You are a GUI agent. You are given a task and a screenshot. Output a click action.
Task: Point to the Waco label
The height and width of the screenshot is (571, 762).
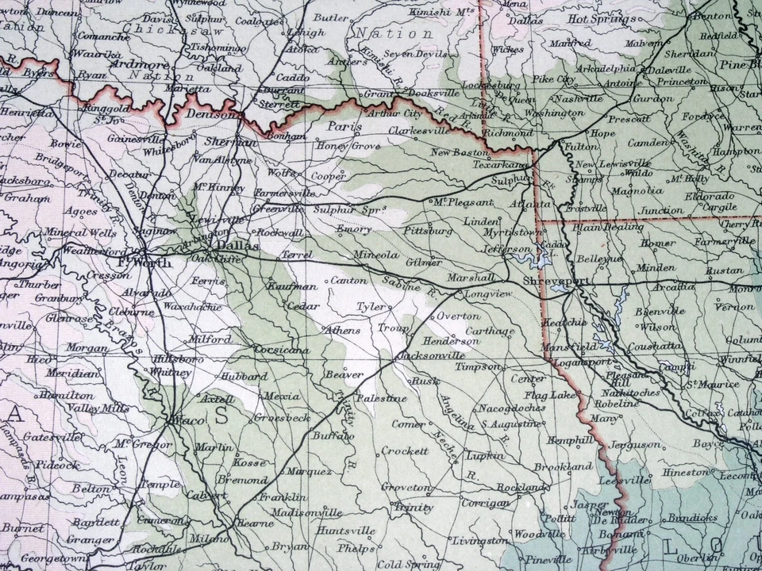click(x=184, y=421)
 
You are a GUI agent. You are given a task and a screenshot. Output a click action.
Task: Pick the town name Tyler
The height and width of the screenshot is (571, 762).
click(x=370, y=305)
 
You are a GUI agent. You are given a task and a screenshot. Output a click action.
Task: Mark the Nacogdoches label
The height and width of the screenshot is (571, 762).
click(x=511, y=408)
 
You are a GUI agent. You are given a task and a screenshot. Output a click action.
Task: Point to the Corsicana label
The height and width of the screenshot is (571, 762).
click(x=282, y=350)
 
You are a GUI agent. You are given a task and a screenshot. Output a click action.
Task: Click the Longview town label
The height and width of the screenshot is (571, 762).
click(x=485, y=294)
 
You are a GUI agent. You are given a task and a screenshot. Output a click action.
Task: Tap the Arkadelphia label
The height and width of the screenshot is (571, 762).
click(x=584, y=68)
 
